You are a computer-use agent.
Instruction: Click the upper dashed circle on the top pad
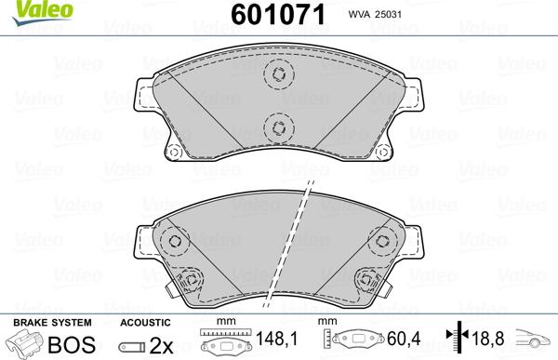(276, 76)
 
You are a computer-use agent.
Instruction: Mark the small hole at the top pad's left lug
(171, 153)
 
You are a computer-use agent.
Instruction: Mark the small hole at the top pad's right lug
(381, 153)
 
